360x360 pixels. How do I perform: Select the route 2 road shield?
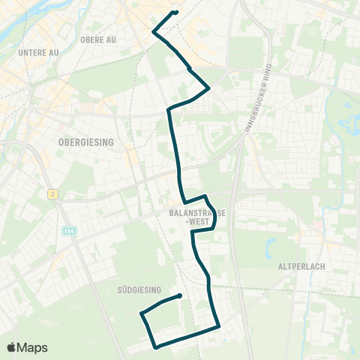click(x=52, y=194)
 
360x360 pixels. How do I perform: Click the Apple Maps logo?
click(x=26, y=347)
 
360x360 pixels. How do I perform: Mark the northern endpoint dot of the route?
click(x=175, y=12)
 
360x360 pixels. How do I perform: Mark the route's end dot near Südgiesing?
click(x=180, y=295)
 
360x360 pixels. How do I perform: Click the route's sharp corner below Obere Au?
click(x=154, y=32)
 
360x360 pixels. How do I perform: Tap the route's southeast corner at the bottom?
click(x=218, y=326)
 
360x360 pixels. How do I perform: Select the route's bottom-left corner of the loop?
click(x=155, y=347)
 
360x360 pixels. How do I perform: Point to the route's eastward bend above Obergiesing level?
click(x=208, y=88)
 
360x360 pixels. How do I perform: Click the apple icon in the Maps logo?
click(x=12, y=347)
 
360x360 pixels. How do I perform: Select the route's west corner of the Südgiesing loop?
click(x=141, y=313)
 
